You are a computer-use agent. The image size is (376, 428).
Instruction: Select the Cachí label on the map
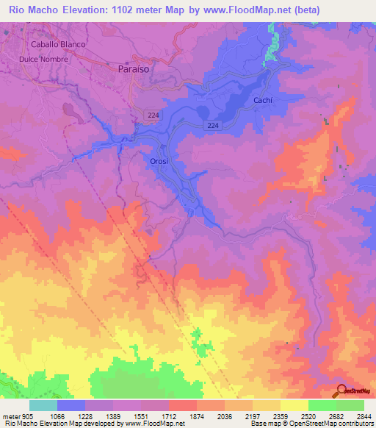click(263, 99)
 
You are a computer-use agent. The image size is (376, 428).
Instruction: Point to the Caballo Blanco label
click(53, 44)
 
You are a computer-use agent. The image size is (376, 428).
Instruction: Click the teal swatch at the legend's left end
click(43, 405)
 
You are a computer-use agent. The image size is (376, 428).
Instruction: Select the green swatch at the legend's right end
click(350, 405)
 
